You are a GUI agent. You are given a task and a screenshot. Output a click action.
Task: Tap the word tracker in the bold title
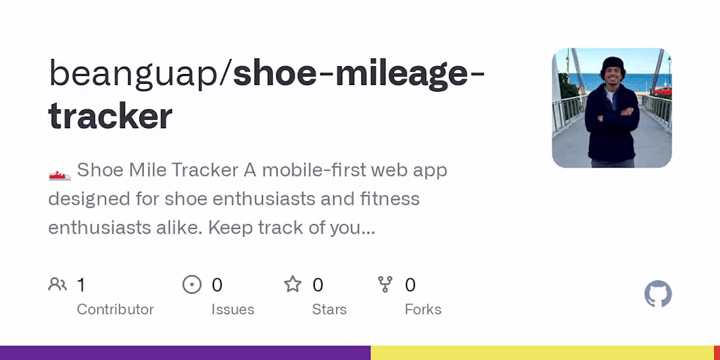tap(111, 116)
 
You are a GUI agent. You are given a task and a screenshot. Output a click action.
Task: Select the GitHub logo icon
tap(658, 295)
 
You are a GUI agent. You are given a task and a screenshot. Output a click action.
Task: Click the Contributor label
tap(115, 310)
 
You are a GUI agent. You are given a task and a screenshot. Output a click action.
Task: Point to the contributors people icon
tap(58, 285)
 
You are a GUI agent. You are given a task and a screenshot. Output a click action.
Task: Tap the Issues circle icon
tap(192, 285)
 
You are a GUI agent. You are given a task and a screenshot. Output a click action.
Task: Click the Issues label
tap(232, 310)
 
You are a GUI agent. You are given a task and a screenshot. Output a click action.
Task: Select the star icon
tap(293, 285)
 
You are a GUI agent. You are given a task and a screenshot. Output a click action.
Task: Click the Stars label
tap(329, 310)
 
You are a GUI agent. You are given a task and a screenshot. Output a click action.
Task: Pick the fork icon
tap(386, 285)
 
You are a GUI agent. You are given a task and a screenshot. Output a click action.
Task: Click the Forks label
tap(423, 310)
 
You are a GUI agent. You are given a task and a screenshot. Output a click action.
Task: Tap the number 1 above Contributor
tap(81, 285)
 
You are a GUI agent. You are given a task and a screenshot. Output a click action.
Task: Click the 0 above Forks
tap(410, 285)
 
